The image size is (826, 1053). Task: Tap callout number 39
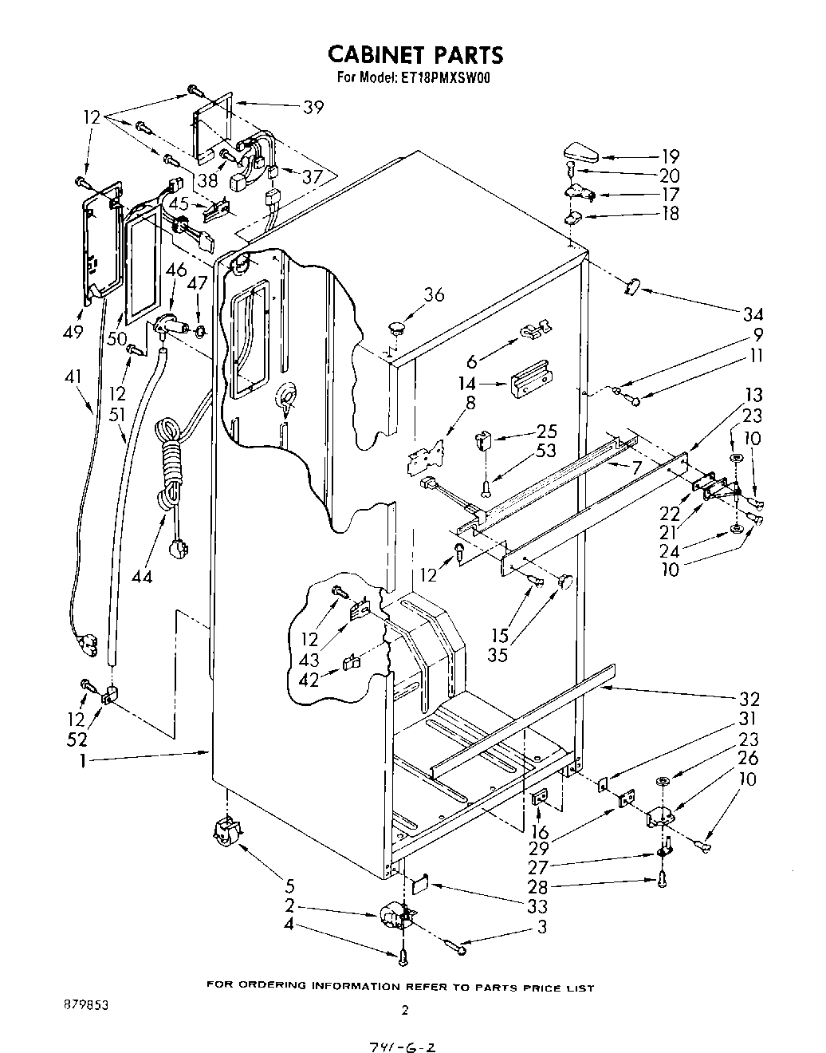314,107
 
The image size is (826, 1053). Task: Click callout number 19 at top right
670,157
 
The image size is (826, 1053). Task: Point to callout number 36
434,294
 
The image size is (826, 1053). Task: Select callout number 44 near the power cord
143,575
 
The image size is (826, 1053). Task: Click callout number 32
749,699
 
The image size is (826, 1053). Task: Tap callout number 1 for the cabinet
82,761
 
